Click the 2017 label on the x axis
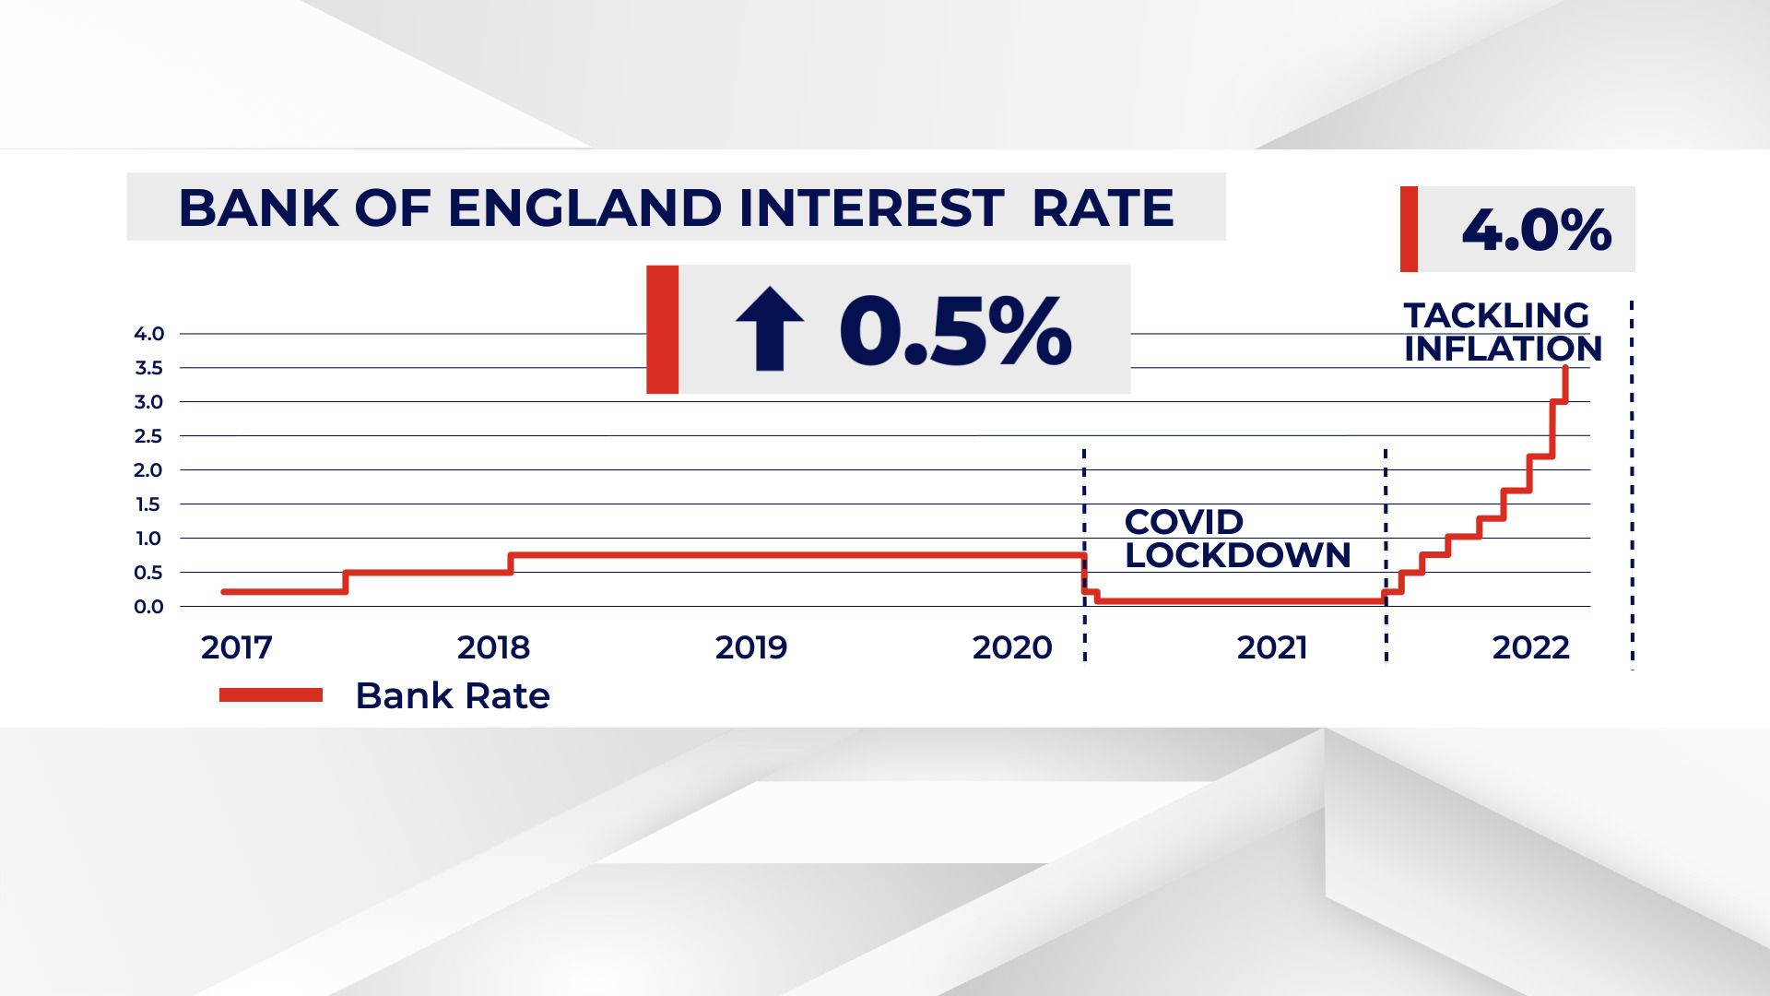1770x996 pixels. tap(237, 647)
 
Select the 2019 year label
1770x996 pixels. tap(751, 647)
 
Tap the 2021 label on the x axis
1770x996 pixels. tap(1272, 647)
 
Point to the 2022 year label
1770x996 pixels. tap(1530, 647)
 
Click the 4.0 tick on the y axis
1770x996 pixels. tap(149, 334)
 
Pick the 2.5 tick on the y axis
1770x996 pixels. tap(149, 436)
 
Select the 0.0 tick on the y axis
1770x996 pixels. tap(149, 607)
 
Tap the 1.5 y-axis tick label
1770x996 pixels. tap(149, 504)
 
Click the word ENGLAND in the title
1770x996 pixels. tap(584, 208)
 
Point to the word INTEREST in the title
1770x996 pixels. tap(871, 208)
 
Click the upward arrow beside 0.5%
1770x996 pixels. tap(769, 329)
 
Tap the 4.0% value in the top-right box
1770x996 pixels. tap(1536, 230)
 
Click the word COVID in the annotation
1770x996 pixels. tap(1184, 522)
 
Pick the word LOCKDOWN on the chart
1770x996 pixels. tap(1237, 555)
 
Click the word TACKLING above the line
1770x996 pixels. tap(1496, 315)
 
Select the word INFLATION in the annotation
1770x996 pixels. tap(1503, 349)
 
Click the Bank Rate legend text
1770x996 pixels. tap(452, 695)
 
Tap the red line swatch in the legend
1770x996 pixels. tap(271, 695)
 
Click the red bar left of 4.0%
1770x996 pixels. tap(1409, 230)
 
